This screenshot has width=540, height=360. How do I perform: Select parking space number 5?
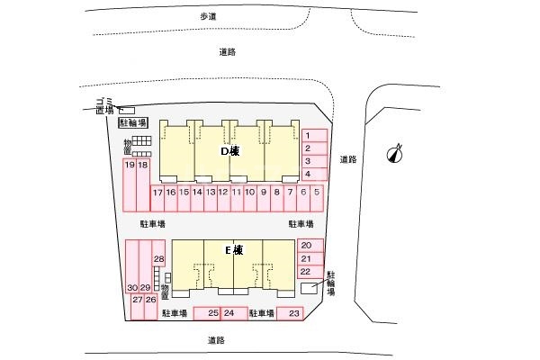(317, 193)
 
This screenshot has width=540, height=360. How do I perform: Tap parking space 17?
(157, 193)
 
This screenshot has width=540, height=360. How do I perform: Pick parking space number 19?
(130, 165)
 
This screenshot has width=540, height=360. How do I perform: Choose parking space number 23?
(293, 313)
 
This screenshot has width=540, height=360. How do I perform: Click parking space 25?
(212, 313)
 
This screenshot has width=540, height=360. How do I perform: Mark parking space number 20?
(307, 246)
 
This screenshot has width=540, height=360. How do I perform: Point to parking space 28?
(158, 259)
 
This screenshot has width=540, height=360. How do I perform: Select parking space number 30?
(132, 287)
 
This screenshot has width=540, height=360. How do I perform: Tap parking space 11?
(237, 193)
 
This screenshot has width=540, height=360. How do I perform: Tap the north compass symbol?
(393, 154)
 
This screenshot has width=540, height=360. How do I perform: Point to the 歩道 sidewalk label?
(210, 17)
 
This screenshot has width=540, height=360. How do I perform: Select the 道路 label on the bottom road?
(215, 340)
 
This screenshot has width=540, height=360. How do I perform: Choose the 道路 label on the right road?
(349, 159)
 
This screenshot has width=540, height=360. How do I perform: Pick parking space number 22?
(307, 271)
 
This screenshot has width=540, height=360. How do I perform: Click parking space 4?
(308, 174)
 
